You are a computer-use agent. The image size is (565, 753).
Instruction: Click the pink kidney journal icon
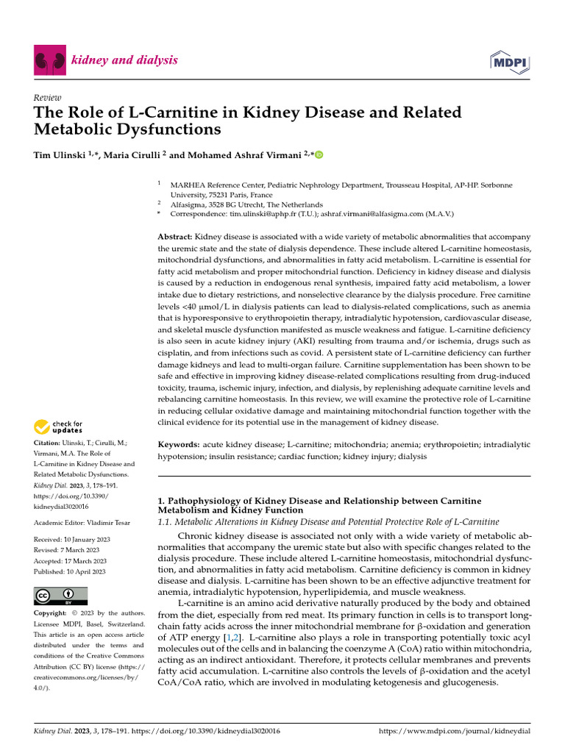click(x=50, y=60)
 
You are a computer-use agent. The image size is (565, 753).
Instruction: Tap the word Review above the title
click(x=48, y=98)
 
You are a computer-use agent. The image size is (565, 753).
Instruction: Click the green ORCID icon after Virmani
click(x=319, y=155)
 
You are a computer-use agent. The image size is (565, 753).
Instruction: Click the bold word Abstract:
click(x=175, y=237)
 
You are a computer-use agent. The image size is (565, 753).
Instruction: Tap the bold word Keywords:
click(x=179, y=445)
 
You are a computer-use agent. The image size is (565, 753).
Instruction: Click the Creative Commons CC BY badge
click(x=61, y=596)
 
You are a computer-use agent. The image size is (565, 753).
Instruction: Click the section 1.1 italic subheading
click(x=329, y=521)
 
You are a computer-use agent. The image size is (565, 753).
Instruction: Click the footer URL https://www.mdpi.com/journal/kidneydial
click(x=454, y=732)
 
